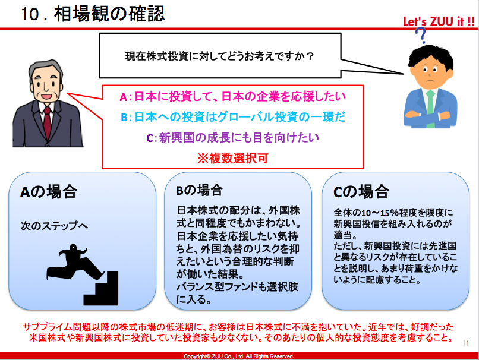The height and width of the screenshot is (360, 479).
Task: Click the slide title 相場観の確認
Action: click(110, 14)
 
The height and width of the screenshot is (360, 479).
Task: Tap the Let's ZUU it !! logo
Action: click(439, 21)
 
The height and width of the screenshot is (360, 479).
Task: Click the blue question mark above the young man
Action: click(421, 35)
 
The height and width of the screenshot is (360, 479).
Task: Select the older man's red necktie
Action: click(48, 122)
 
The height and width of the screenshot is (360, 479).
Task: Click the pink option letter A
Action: click(123, 97)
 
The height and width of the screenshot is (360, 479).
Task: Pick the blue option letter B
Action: click(124, 118)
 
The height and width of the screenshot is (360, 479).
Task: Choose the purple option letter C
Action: click(150, 138)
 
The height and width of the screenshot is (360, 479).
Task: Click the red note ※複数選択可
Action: click(233, 159)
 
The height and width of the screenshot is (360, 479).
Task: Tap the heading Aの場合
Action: click(49, 192)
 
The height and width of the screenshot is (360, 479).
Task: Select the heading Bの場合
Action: click(199, 190)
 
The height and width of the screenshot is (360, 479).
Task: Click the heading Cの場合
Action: click(361, 192)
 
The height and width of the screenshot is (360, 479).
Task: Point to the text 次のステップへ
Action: click(54, 226)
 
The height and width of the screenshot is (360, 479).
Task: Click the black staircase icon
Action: click(101, 288)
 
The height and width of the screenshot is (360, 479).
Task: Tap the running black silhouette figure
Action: click(75, 262)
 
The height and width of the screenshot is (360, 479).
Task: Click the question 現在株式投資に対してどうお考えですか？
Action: click(219, 56)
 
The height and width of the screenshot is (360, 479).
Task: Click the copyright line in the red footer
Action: click(239, 356)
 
